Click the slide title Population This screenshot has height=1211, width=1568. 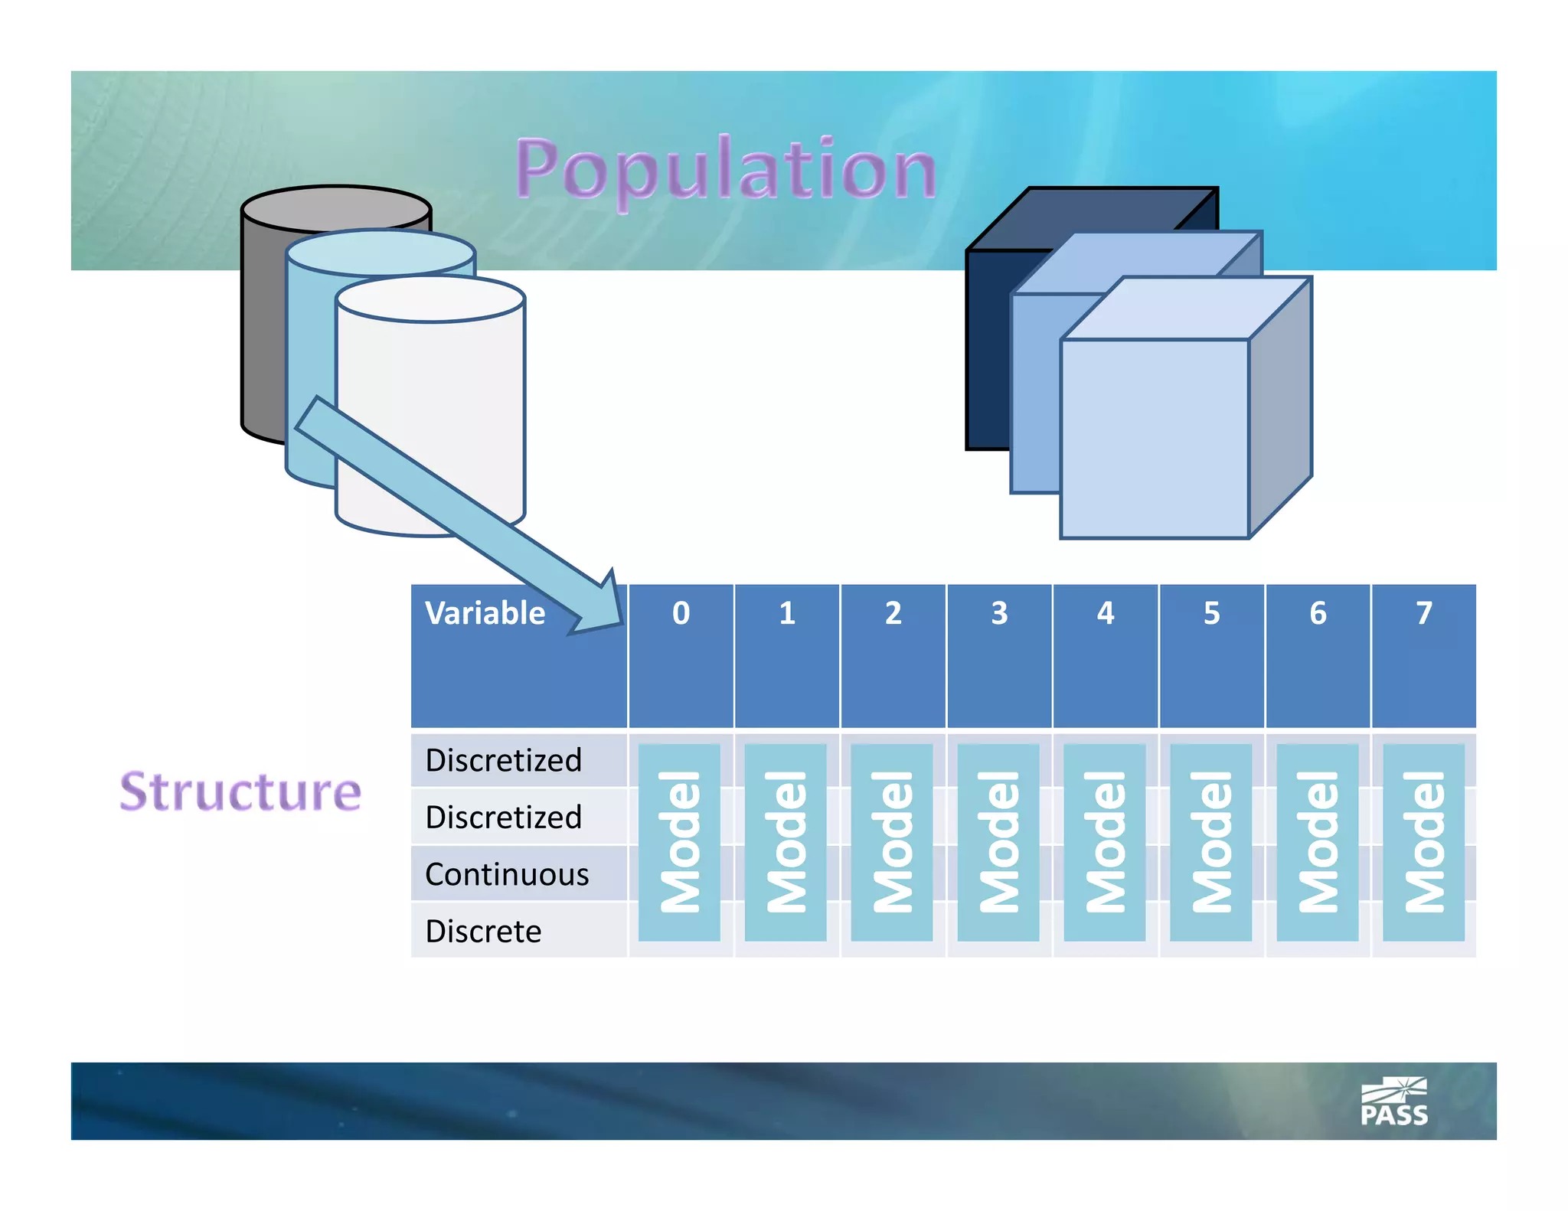pos(726,169)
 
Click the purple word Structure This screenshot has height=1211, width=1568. pos(240,792)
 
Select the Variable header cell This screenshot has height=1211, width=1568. pos(485,613)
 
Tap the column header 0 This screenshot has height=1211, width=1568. pos(681,613)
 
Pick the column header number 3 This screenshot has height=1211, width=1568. pos(999,613)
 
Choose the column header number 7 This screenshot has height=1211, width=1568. pos(1423,613)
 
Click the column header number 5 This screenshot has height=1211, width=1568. pos(1211,613)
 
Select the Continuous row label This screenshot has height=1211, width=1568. pos(507,874)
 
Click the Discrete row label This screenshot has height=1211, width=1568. pos(483,932)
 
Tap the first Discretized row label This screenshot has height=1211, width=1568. pos(503,760)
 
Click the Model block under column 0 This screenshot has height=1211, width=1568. pos(679,842)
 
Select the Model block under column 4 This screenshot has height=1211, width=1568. pos(1105,842)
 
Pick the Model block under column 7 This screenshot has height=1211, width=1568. pos(1423,842)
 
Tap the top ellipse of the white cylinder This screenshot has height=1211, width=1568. pos(430,299)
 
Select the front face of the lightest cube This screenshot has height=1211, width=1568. pos(1154,439)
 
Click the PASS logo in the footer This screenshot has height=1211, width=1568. pos(1393,1102)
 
